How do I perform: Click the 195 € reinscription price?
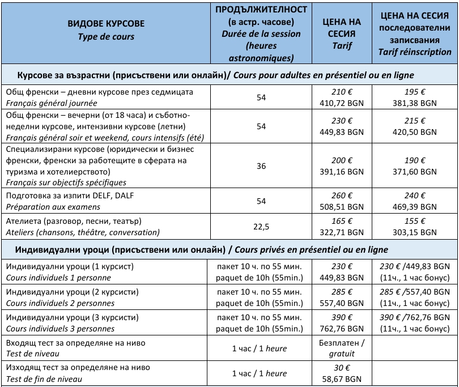click(x=416, y=92)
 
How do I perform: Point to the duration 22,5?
click(x=261, y=226)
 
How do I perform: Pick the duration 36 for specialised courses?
click(x=261, y=166)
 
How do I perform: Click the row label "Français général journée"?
click(x=52, y=104)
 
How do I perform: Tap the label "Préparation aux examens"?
click(x=53, y=207)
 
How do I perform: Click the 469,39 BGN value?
click(x=416, y=207)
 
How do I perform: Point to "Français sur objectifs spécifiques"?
click(x=66, y=182)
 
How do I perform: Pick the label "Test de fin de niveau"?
click(x=44, y=379)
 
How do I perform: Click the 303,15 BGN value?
click(x=416, y=232)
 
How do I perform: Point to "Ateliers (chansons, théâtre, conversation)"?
click(x=82, y=232)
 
